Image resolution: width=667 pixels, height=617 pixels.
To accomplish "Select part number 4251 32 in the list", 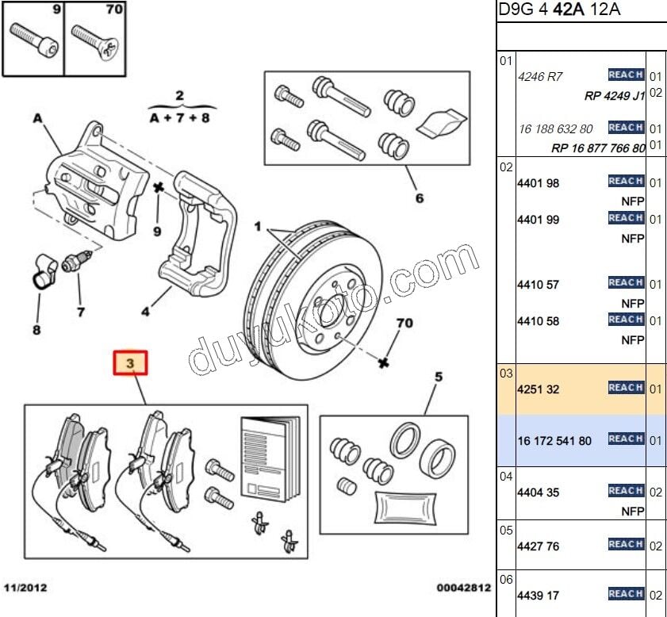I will pos(538,389).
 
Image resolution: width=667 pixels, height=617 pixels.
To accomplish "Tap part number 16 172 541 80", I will pos(554,440).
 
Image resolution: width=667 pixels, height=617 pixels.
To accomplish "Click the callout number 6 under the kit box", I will pos(420,198).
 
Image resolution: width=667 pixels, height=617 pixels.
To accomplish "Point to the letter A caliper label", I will pos(36,118).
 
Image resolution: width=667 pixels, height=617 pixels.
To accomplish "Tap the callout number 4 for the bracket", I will pos(145,312).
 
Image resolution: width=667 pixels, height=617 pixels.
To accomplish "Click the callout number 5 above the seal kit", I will pos(437,377).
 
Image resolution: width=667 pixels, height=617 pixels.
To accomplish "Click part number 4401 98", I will pos(538,183).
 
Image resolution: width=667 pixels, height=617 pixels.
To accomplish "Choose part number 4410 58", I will pos(538,321).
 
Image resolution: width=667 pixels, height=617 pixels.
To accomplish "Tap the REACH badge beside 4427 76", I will pos(626,544).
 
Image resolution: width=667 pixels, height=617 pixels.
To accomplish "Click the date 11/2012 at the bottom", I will pos(25,588).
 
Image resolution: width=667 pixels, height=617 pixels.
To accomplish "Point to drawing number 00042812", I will pos(463,588).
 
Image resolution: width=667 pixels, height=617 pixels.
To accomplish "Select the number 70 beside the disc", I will pos(404,324).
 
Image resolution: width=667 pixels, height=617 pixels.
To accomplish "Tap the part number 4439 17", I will pos(538,595).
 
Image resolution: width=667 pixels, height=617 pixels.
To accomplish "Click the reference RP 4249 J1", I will pos(615,96).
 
